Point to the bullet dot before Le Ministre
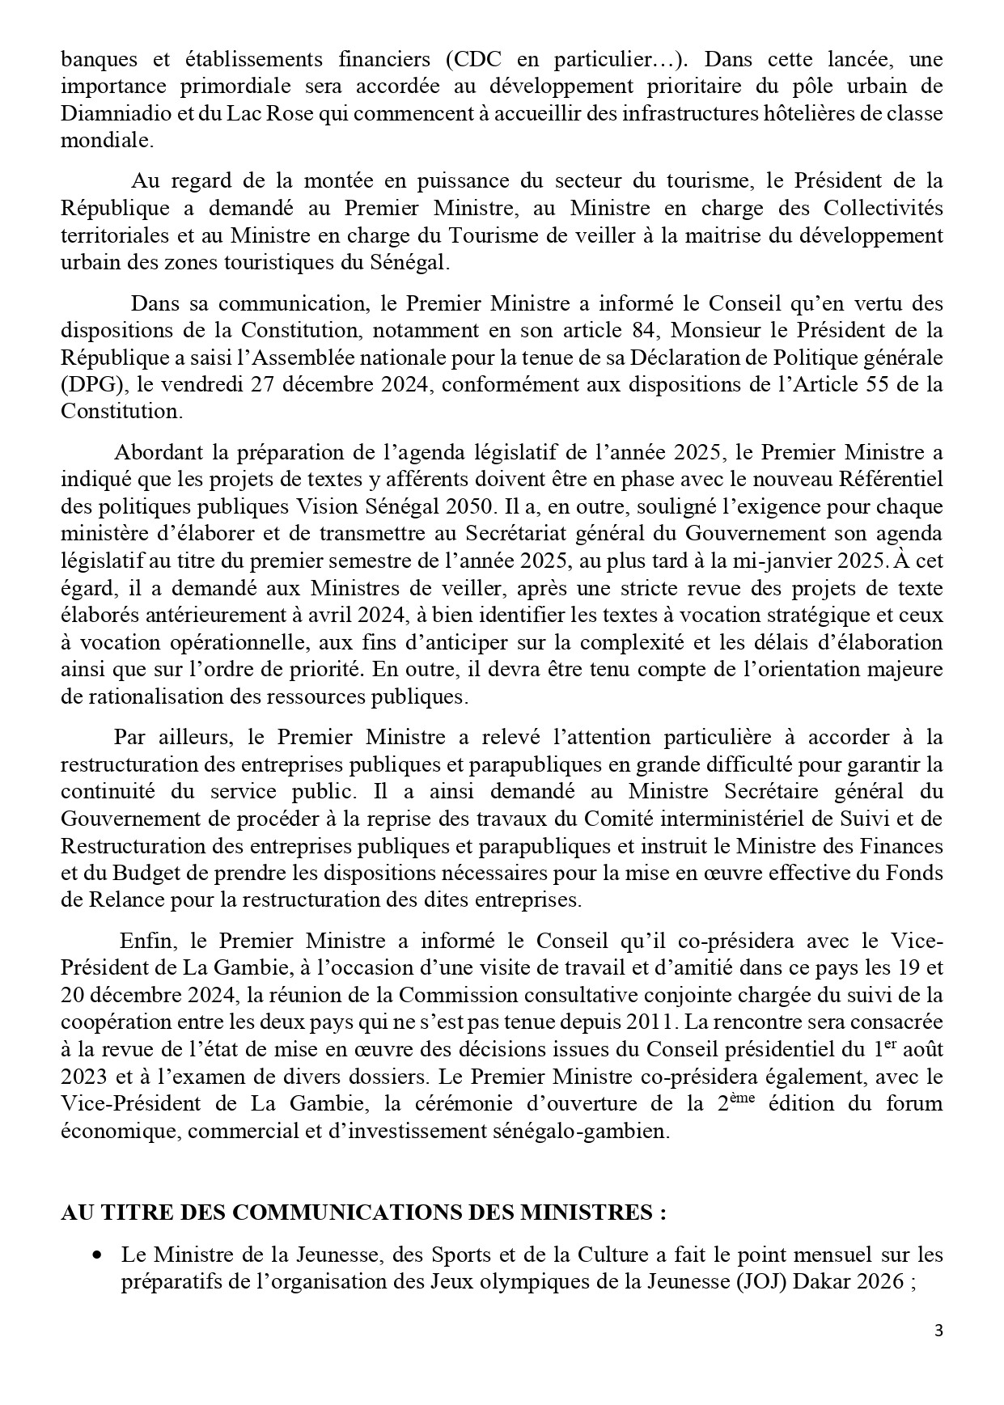(98, 1255)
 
